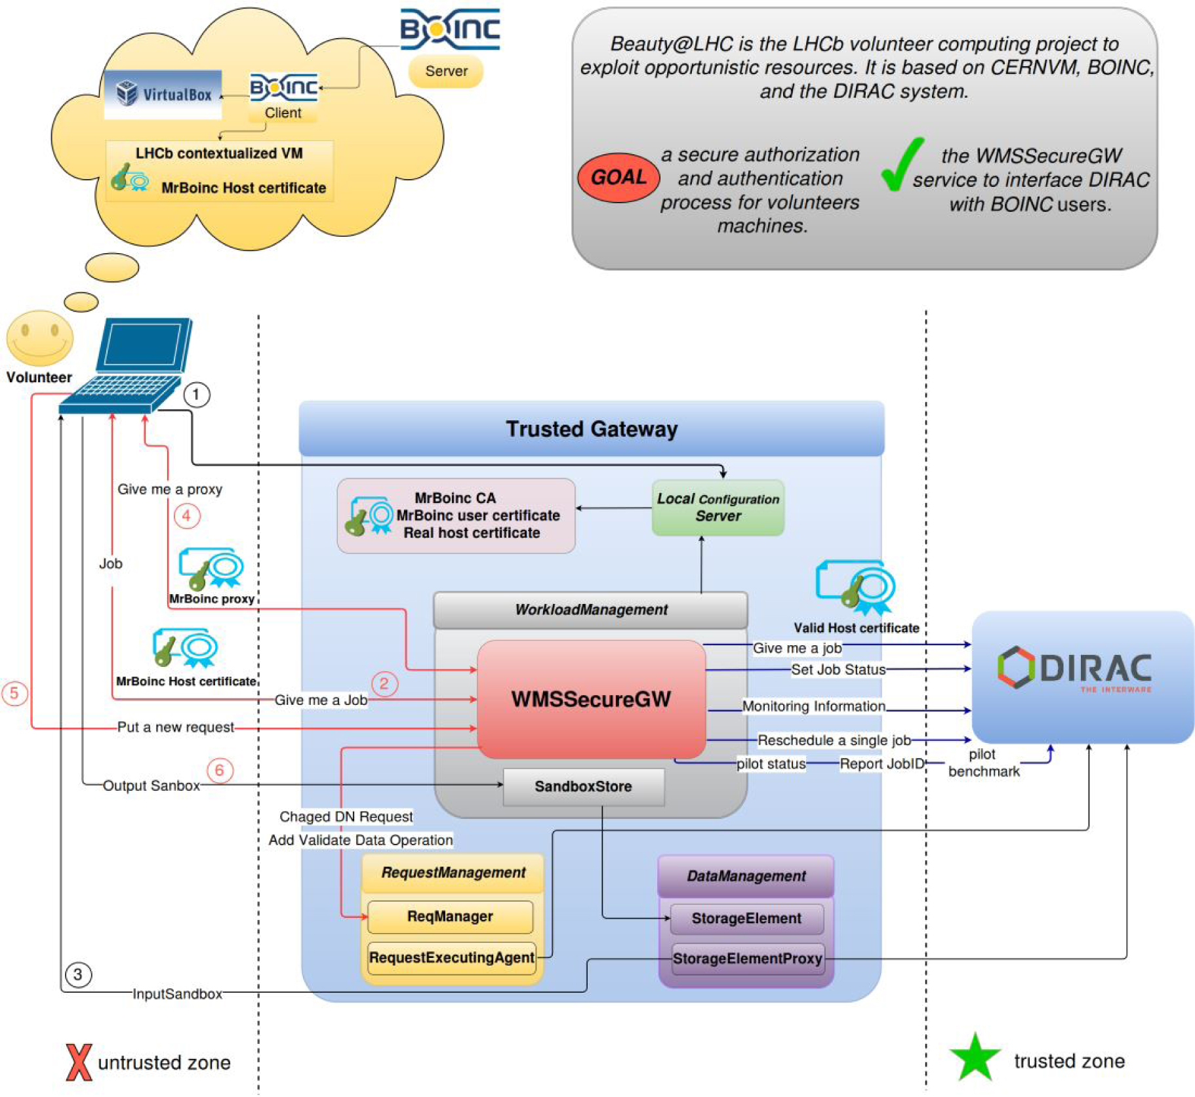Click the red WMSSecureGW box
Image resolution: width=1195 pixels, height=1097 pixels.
[x=590, y=699]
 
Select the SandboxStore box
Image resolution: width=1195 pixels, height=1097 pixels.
[x=582, y=786]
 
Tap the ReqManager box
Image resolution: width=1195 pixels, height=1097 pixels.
[x=449, y=916]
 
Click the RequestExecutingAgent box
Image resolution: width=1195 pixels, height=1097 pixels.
[x=451, y=957]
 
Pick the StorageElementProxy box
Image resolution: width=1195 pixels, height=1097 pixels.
[x=746, y=959]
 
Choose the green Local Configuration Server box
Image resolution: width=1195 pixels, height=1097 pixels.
[x=718, y=508]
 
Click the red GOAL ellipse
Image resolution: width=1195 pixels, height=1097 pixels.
[x=618, y=177]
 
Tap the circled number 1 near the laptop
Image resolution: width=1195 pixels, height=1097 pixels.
[x=196, y=395]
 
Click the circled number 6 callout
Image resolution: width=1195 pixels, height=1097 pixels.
[x=220, y=770]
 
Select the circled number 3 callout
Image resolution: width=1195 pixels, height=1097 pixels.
[x=78, y=974]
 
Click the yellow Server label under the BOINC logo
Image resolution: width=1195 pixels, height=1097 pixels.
[x=446, y=71]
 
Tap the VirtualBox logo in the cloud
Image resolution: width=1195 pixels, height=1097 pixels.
[x=163, y=94]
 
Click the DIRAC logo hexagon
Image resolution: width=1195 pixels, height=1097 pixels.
[x=1015, y=668]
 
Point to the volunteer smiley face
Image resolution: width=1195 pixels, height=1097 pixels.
[x=39, y=337]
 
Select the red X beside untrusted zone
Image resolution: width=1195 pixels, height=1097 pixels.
[x=79, y=1062]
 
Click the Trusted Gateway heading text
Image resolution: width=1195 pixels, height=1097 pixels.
[x=591, y=429]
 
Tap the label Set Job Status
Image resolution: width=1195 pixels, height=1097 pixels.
[x=838, y=669]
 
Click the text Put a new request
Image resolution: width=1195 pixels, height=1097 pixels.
[x=175, y=727]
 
